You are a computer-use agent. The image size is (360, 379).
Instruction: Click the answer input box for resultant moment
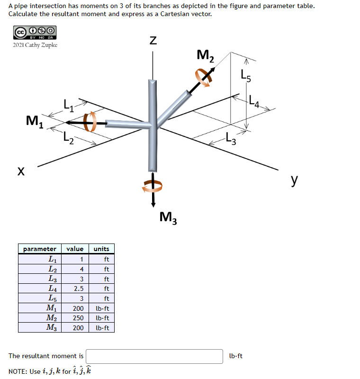154,356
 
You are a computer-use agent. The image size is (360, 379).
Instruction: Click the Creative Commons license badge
33,34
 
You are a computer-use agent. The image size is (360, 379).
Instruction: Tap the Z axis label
153,41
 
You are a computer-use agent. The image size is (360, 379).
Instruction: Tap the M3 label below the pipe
168,217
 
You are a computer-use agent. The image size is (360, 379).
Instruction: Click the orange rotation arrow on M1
90,122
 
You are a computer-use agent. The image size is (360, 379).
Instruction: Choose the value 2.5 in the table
79,288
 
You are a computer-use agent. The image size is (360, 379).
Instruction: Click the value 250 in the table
78,318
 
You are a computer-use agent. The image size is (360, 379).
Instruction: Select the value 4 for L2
81,269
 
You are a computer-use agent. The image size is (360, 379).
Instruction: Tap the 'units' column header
101,249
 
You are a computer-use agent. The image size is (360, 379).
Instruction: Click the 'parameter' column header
40,249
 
